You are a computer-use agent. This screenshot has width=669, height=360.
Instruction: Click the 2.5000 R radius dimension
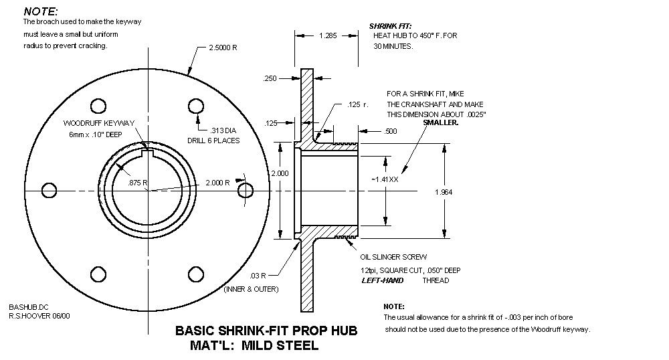pos(223,49)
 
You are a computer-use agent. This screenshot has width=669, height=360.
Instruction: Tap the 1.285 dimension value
pos(328,33)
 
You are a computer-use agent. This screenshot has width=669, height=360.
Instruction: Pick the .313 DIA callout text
pos(224,130)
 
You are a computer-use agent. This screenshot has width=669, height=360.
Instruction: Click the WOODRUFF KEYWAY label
pos(99,123)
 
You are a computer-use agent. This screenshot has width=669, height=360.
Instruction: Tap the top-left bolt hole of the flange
pos(98,105)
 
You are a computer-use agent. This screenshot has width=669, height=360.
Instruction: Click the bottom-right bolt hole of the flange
pos(195,274)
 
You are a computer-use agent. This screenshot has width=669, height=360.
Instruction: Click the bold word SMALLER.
pos(441,123)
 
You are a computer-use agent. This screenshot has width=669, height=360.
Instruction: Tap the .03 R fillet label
pos(259,275)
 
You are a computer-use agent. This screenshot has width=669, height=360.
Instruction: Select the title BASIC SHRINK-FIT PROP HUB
pos(266,331)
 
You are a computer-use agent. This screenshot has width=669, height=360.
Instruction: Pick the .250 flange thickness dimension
pos(270,78)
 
